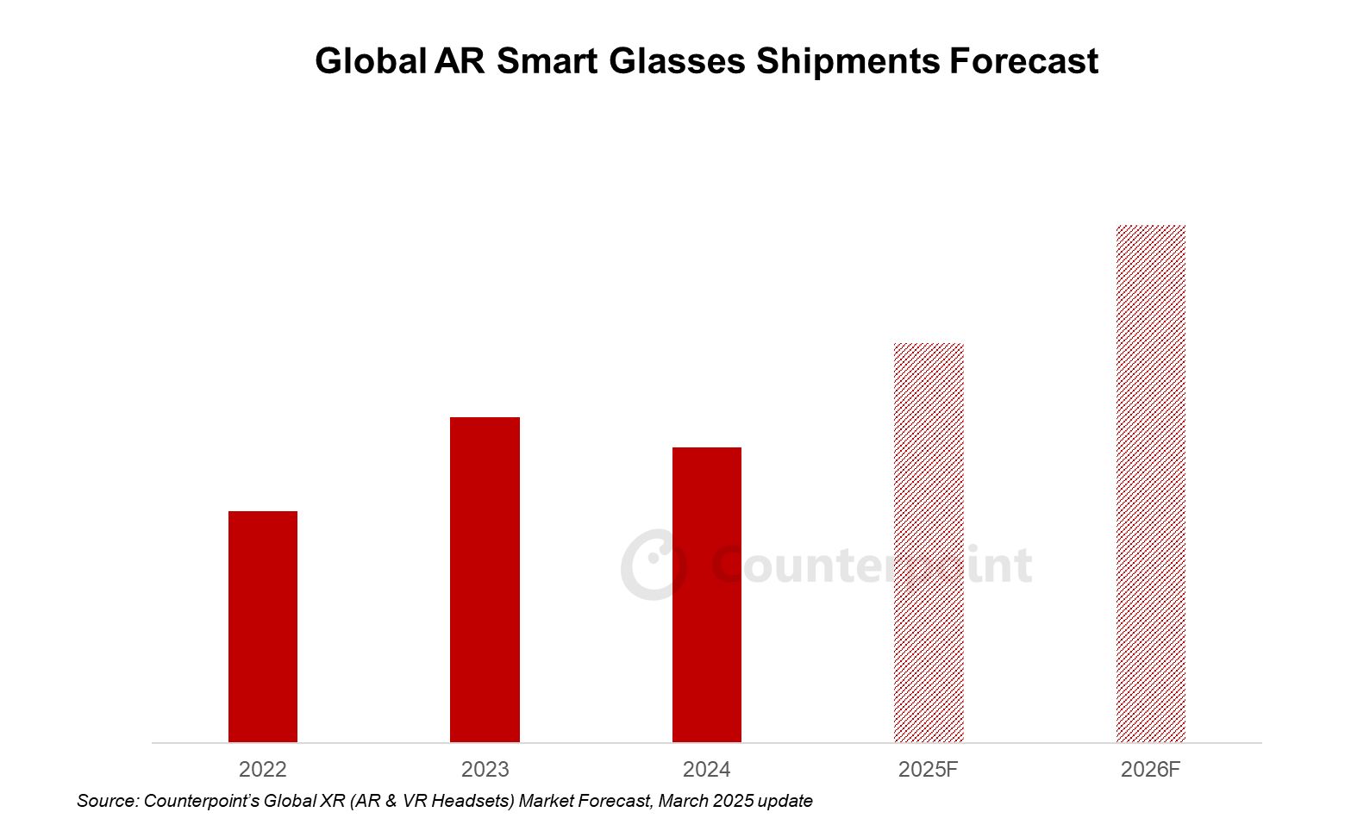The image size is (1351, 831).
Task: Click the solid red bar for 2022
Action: click(263, 627)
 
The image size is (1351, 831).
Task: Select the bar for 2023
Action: click(485, 579)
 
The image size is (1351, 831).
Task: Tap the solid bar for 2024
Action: click(707, 595)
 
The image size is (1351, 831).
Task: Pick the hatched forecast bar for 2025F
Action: click(929, 543)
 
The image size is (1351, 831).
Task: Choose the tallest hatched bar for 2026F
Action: click(1151, 484)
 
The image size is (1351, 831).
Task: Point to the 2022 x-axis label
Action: click(263, 769)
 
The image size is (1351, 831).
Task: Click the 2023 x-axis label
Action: click(485, 769)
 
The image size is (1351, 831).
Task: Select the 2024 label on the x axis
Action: click(707, 769)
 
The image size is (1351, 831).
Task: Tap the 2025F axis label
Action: click(929, 769)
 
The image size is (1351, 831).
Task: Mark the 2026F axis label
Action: click(1151, 769)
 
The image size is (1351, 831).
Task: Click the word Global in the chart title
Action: click(371, 61)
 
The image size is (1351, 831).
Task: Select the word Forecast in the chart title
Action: click(1023, 61)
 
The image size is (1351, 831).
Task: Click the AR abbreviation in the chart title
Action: click(460, 61)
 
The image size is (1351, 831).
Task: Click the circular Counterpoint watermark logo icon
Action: click(654, 565)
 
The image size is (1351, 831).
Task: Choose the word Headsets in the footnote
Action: click(472, 801)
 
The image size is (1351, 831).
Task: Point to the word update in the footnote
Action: click(785, 801)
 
